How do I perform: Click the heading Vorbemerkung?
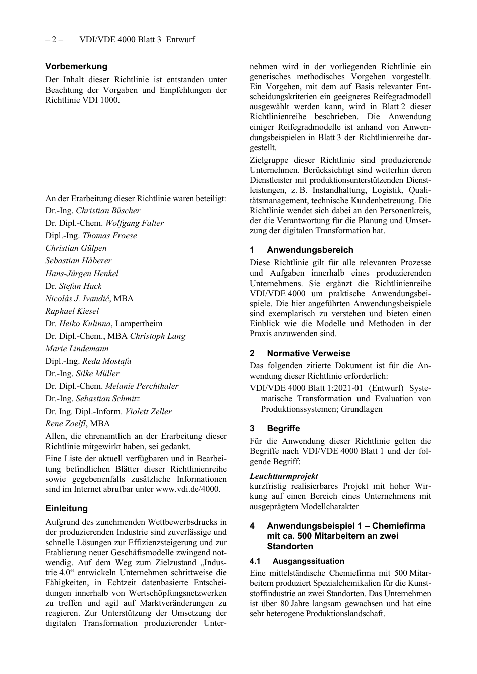coord(76,66)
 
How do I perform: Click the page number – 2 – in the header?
coord(54,39)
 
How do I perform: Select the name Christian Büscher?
coord(108,211)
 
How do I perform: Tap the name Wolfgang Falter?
coord(134,223)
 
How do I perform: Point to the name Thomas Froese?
coord(109,236)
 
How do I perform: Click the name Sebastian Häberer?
coord(78,261)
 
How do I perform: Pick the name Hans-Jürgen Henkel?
coord(82,274)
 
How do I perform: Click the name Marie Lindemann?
coord(77,349)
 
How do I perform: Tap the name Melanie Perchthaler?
coord(142,386)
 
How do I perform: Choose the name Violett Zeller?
coord(148,412)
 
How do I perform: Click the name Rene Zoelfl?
coord(66,424)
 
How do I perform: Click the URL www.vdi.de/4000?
coord(187,489)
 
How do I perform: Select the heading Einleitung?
coord(66,508)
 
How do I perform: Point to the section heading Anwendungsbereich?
coord(310,250)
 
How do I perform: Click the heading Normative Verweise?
coord(308,353)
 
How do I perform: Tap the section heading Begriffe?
coord(283,428)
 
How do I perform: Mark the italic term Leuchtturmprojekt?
coord(284,476)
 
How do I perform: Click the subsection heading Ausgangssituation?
coord(308,561)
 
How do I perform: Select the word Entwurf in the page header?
coord(180,39)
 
